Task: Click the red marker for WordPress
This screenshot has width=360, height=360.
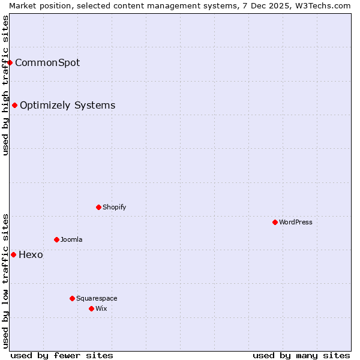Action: tap(275, 222)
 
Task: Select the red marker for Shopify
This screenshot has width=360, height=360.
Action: tap(98, 207)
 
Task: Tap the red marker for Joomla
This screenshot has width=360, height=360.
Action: tap(56, 239)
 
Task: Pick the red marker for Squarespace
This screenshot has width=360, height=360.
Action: tap(72, 298)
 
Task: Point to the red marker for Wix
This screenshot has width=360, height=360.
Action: tap(91, 308)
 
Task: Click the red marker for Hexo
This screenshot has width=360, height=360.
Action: tap(13, 254)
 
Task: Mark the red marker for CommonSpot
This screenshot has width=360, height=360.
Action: tap(10, 62)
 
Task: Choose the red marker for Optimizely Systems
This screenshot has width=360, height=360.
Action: tap(14, 105)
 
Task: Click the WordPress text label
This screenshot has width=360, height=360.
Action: tap(296, 222)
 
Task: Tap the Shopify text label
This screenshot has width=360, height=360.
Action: tap(114, 207)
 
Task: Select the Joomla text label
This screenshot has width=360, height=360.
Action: tap(71, 239)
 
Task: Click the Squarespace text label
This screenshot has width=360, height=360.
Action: tap(97, 298)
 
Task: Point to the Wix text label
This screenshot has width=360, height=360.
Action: tap(101, 308)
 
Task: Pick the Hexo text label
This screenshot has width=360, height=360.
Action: tap(31, 254)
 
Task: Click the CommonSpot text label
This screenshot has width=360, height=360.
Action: tap(47, 62)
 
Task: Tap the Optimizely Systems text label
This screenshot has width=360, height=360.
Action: tap(67, 105)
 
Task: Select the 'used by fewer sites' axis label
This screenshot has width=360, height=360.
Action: tap(62, 355)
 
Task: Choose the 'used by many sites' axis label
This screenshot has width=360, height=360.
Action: tap(301, 355)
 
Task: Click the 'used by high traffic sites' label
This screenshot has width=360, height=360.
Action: tap(5, 85)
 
